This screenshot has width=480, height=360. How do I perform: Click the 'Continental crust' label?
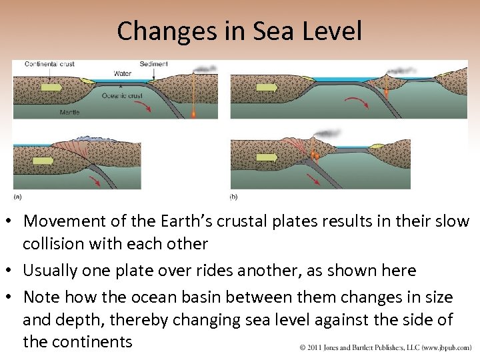49,64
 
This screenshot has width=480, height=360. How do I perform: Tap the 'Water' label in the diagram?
122,73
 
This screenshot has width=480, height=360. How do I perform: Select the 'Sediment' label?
154,64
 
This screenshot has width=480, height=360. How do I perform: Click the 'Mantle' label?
69,112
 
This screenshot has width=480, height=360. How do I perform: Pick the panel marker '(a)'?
18,197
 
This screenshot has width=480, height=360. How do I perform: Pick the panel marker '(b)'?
233,197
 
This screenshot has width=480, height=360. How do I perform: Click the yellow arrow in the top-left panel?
51,87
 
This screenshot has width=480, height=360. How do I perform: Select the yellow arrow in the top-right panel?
267,87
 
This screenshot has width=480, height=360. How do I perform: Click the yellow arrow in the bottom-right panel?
267,157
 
